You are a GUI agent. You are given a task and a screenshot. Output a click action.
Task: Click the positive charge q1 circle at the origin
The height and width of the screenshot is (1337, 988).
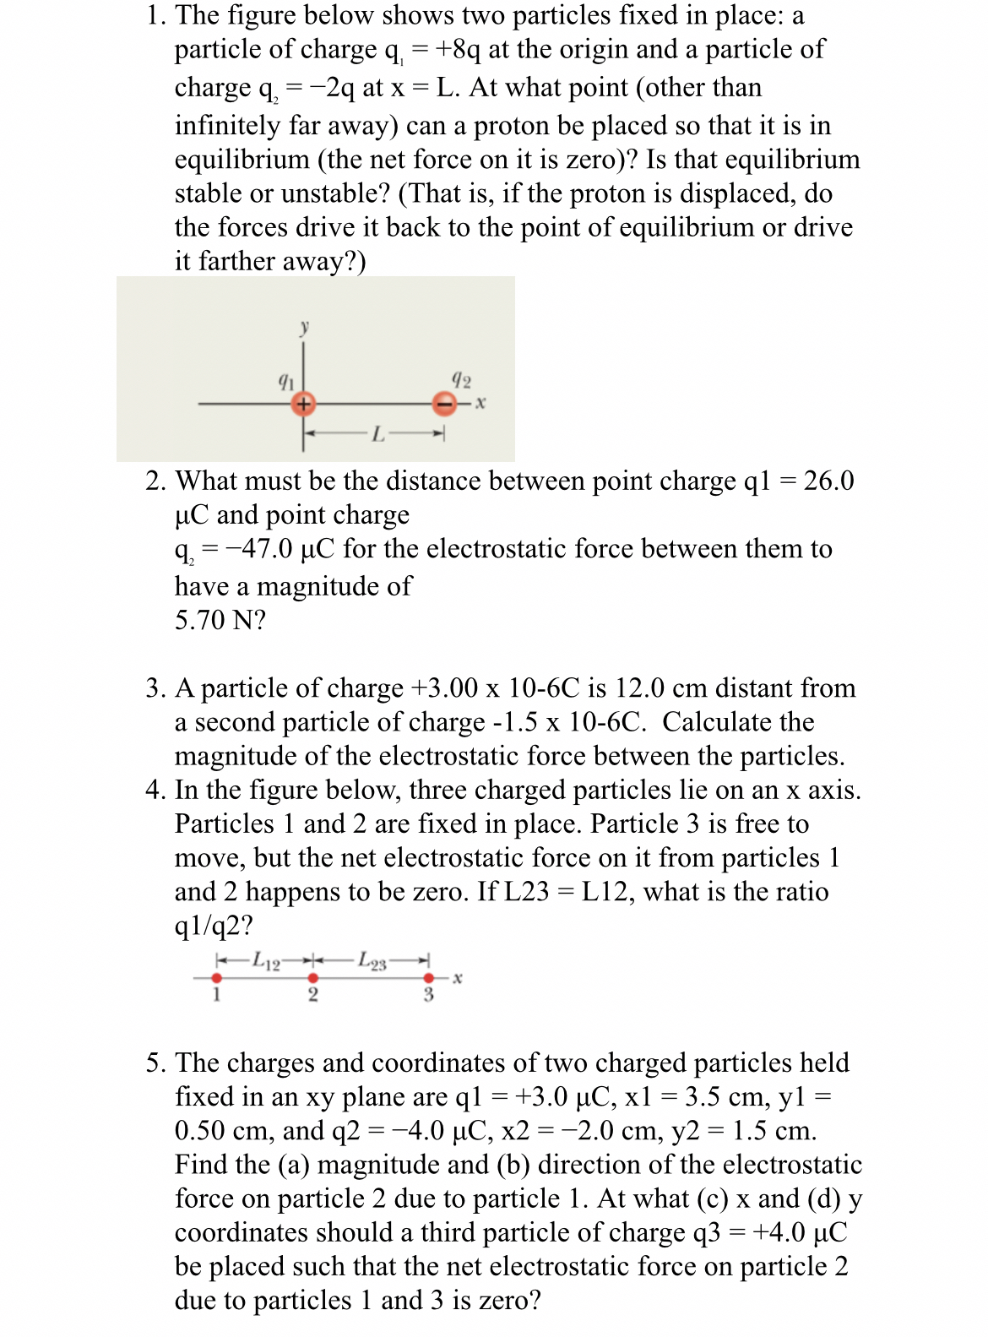pyautogui.click(x=303, y=405)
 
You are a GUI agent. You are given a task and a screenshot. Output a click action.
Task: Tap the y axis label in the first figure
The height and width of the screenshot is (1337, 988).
pyautogui.click(x=304, y=327)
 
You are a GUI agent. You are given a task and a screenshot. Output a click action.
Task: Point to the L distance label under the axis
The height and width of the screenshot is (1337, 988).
pyautogui.click(x=377, y=435)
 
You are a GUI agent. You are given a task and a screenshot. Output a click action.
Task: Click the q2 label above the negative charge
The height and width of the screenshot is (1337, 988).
pyautogui.click(x=461, y=379)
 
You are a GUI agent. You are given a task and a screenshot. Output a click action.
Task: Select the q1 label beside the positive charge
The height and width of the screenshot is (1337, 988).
pyautogui.click(x=286, y=381)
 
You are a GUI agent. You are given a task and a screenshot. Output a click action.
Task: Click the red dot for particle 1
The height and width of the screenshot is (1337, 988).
pyautogui.click(x=216, y=978)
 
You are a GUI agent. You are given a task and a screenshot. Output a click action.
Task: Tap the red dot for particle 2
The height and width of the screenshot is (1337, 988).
pyautogui.click(x=312, y=978)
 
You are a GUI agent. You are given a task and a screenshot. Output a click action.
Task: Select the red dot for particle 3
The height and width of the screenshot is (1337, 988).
pyautogui.click(x=428, y=978)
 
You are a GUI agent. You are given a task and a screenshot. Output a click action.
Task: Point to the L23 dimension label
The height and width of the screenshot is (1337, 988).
pyautogui.click(x=372, y=961)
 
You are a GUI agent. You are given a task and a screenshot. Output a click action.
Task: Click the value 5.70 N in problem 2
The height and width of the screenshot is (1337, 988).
pyautogui.click(x=220, y=620)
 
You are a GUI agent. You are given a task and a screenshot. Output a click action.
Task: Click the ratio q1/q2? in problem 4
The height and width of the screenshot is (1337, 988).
pyautogui.click(x=214, y=926)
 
